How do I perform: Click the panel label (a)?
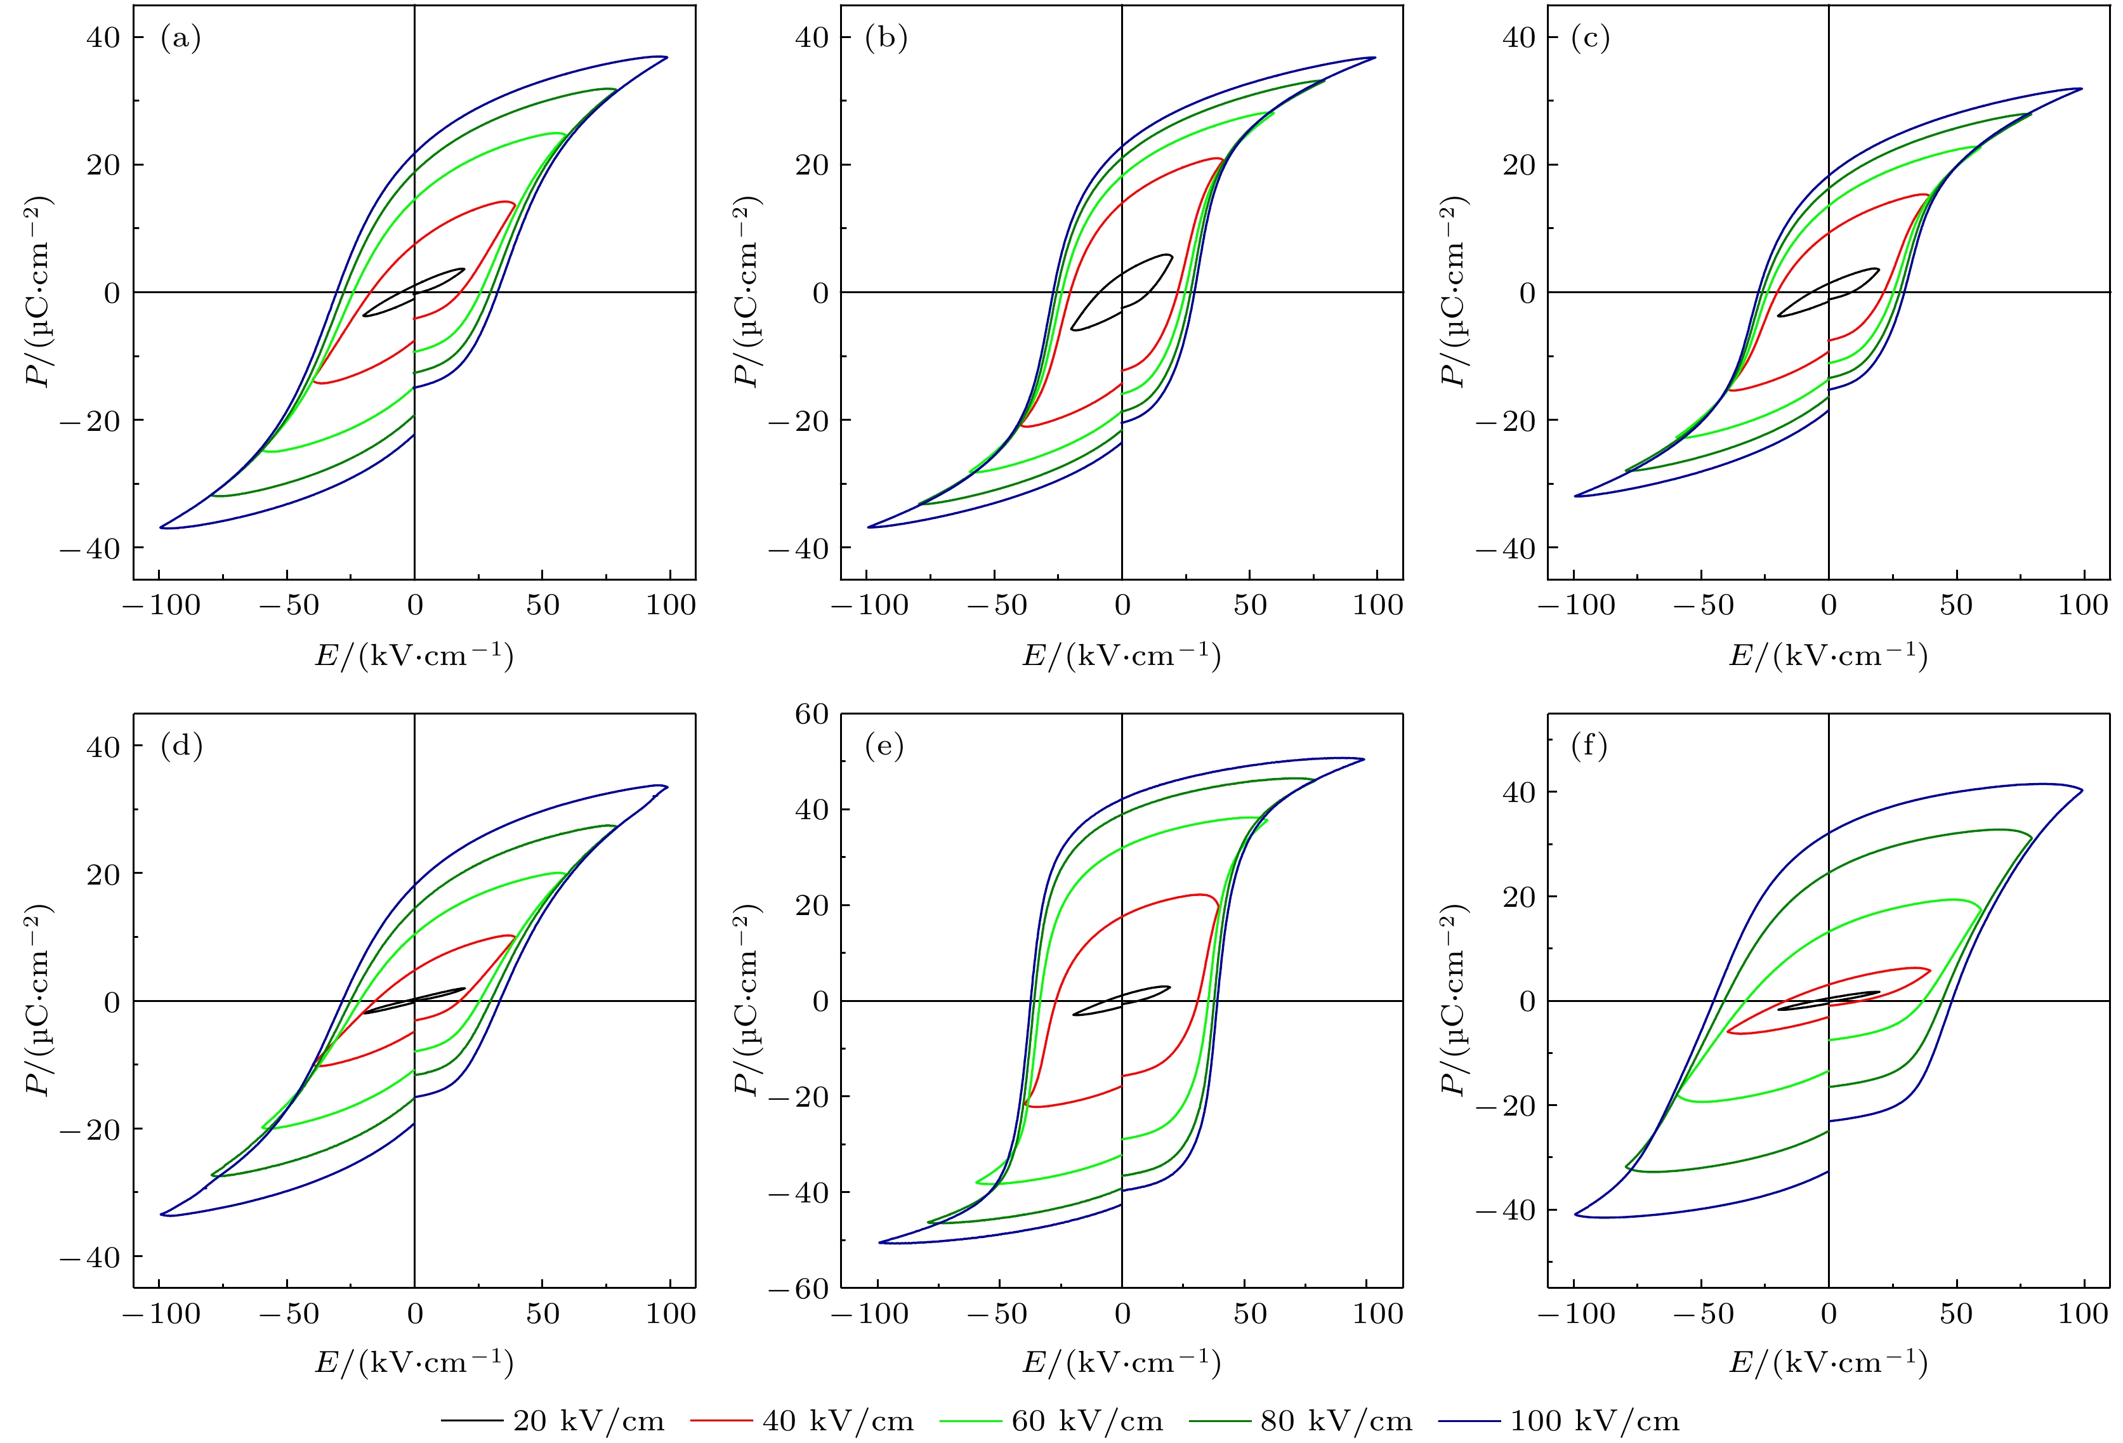coord(180,37)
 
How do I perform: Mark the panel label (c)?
coord(1591,37)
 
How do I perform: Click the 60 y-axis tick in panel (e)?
coord(812,714)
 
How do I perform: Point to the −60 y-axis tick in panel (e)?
coord(798,1289)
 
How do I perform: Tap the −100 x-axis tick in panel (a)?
coord(162,605)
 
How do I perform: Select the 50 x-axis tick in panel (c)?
coord(1956,605)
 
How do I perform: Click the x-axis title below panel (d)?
coord(414,1362)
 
